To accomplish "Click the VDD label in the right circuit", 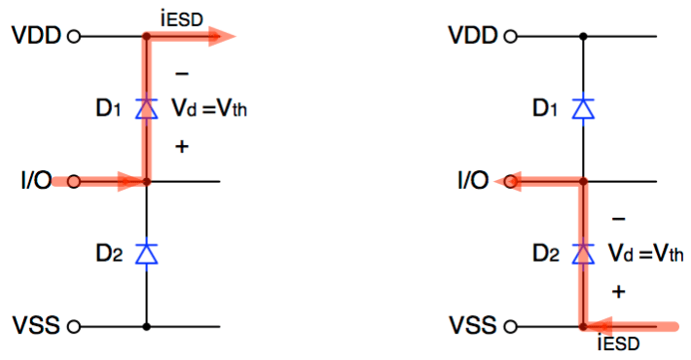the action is pyautogui.click(x=473, y=37).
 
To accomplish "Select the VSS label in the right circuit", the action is pyautogui.click(x=473, y=326).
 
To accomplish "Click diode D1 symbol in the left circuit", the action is pyautogui.click(x=147, y=108).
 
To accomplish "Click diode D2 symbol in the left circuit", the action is pyautogui.click(x=147, y=253).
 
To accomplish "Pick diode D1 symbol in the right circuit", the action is pyautogui.click(x=583, y=108).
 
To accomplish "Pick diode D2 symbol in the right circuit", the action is pyautogui.click(x=583, y=253).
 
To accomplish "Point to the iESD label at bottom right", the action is pyautogui.click(x=620, y=342).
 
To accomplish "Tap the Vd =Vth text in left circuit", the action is pyautogui.click(x=208, y=109).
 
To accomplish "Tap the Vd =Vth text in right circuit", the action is pyautogui.click(x=644, y=255).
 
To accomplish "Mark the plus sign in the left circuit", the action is pyautogui.click(x=181, y=145).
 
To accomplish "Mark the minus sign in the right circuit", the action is pyautogui.click(x=618, y=219).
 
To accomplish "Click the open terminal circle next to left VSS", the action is pyautogui.click(x=74, y=326).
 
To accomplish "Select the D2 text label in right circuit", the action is pyautogui.click(x=547, y=255).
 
